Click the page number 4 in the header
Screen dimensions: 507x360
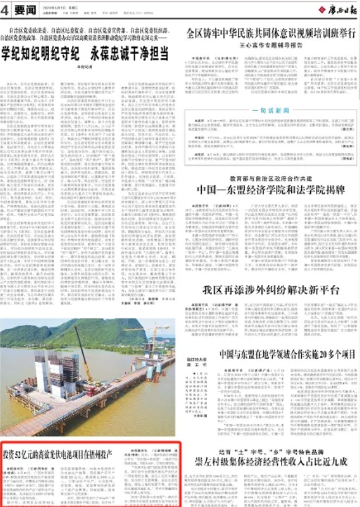(5, 10)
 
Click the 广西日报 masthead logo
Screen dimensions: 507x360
(337, 10)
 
